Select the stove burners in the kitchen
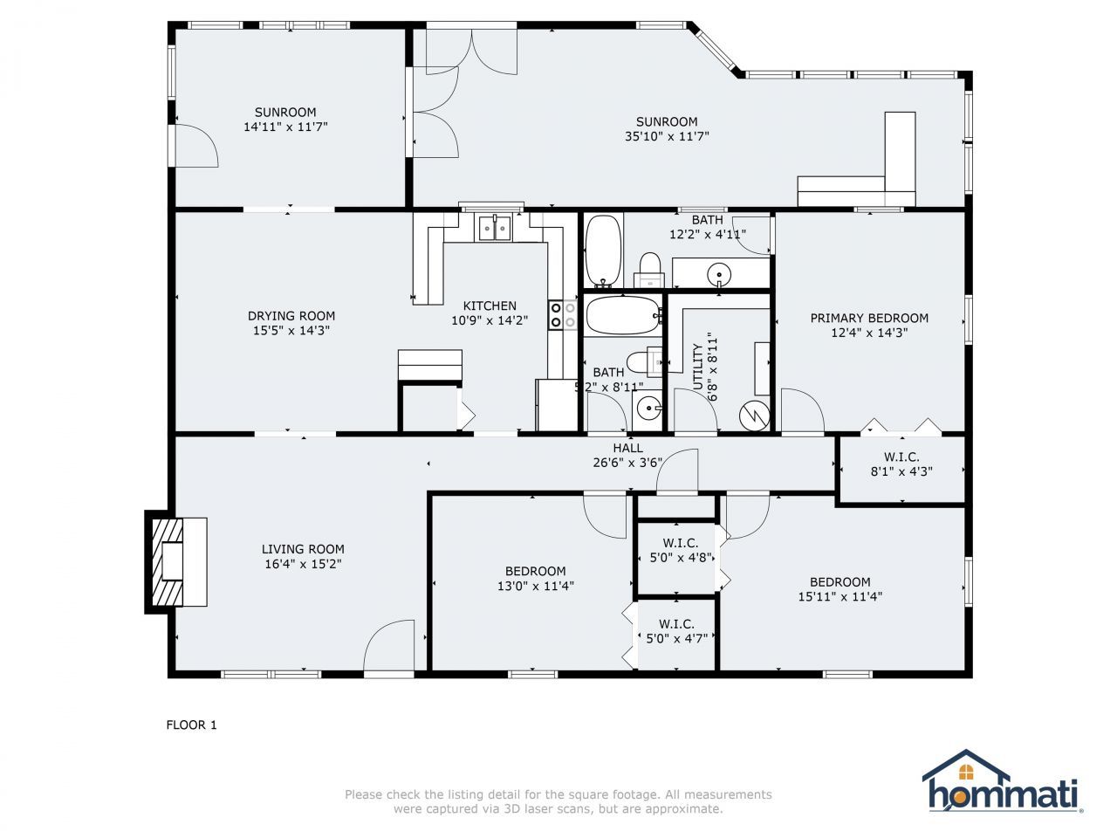(562, 314)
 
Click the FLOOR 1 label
(191, 725)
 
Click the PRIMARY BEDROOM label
(869, 318)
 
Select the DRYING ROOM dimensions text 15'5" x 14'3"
(291, 331)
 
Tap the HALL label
(627, 448)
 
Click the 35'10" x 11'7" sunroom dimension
(667, 136)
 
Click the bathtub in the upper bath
(603, 251)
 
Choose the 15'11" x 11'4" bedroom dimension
(839, 597)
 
